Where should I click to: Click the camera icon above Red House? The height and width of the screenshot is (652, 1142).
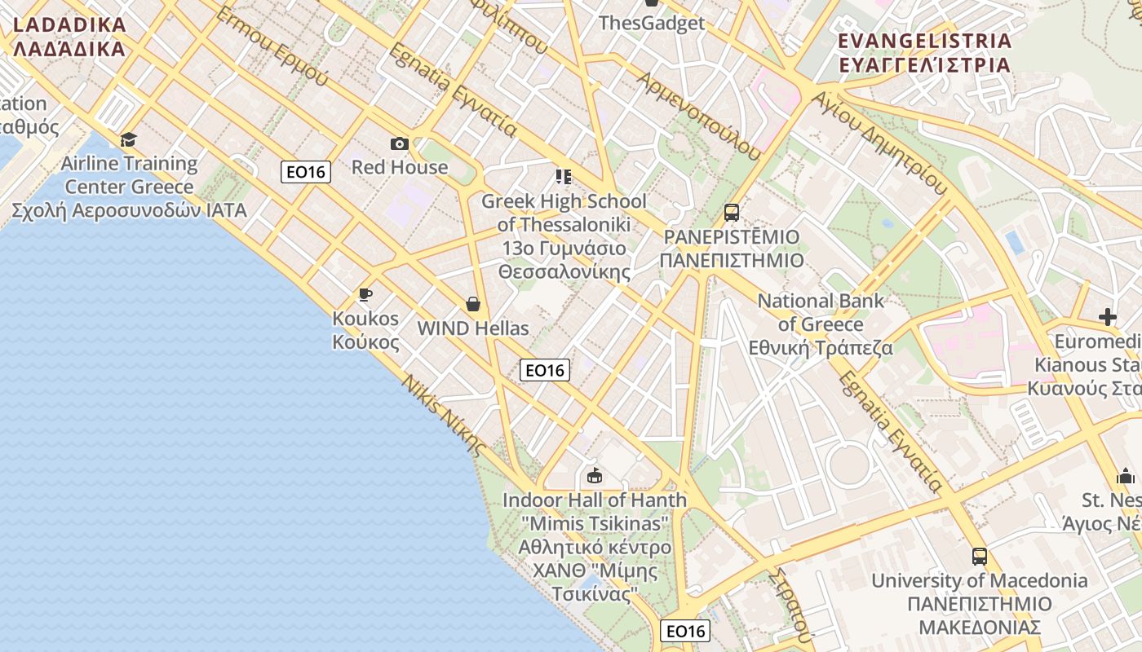point(399,144)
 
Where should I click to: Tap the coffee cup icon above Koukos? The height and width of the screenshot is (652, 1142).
point(365,294)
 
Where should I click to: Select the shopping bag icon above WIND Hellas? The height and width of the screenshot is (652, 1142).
point(473,304)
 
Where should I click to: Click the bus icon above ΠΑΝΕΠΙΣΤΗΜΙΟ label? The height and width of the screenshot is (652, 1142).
point(732,213)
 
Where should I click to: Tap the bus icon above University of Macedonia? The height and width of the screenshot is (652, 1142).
point(980,557)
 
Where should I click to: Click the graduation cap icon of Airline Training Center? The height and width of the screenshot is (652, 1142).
point(128,140)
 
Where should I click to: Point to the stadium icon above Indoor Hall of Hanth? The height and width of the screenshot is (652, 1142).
point(595,475)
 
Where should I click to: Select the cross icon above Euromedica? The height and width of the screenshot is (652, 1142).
point(1107,316)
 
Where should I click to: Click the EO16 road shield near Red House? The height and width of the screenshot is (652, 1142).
point(306,172)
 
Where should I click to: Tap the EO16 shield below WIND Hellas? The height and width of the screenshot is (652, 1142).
point(545,370)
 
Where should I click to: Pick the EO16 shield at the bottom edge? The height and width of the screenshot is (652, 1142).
point(685,631)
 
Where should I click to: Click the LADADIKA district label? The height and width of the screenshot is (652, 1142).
point(69,37)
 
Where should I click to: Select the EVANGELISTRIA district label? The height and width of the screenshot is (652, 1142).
point(925,52)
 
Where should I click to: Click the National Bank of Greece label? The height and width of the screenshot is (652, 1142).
point(821,324)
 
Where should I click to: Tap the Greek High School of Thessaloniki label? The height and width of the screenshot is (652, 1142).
point(564,236)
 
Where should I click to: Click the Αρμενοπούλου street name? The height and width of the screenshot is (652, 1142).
point(700,115)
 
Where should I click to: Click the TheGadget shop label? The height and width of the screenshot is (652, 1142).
point(651,22)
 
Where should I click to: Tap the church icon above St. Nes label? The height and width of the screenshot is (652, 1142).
point(1126,476)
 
